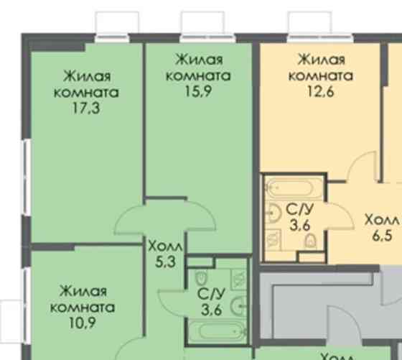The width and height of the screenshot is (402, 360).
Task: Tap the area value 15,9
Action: [x=198, y=91]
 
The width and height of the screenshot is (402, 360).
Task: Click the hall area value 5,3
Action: [x=166, y=262]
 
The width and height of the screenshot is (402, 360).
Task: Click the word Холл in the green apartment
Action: [x=166, y=246]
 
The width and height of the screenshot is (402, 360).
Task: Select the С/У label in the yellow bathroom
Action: [x=299, y=210]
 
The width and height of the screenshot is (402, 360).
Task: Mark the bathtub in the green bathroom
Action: [x=215, y=331]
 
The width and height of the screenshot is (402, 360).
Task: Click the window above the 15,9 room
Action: [x=203, y=24]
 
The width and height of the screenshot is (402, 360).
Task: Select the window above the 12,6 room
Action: [x=311, y=24]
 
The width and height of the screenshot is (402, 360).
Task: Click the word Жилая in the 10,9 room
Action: [x=83, y=291]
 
